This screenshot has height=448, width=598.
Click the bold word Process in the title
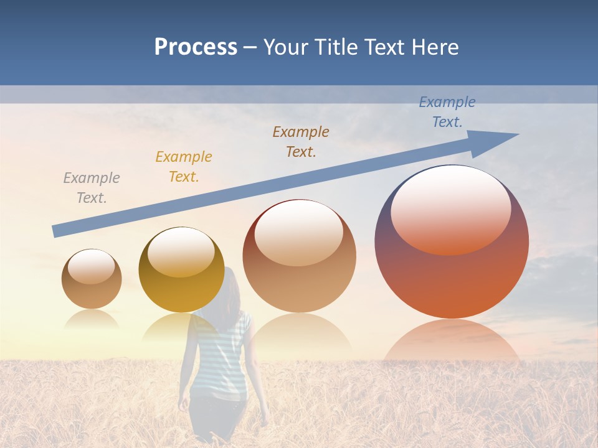click(x=196, y=47)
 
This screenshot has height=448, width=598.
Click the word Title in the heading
click(x=335, y=47)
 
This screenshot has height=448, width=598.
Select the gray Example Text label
click(x=92, y=188)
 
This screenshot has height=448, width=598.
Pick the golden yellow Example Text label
click(x=184, y=167)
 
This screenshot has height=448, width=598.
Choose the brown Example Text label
click(x=301, y=142)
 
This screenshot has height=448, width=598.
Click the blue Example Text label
click(x=447, y=112)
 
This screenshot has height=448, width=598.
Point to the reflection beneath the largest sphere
click(x=452, y=342)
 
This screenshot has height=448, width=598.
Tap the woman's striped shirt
click(x=221, y=355)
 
